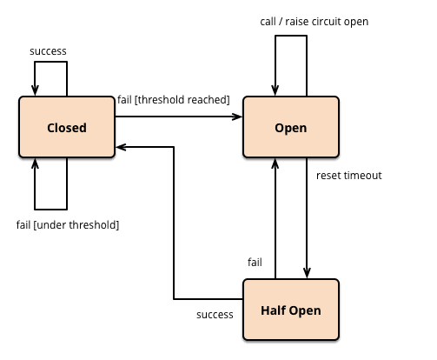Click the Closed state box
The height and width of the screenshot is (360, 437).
tap(67, 127)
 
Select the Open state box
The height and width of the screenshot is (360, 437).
tap(291, 127)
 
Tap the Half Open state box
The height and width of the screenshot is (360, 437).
tap(291, 310)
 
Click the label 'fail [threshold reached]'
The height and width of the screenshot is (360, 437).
tap(174, 100)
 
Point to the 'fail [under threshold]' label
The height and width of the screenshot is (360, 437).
tap(68, 225)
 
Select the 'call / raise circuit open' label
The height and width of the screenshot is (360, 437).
tap(315, 22)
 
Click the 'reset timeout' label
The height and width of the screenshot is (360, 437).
tap(349, 176)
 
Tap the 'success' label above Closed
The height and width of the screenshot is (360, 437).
tap(48, 51)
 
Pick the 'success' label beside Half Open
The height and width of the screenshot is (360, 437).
tap(215, 315)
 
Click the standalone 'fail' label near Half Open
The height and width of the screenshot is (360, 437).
tap(255, 263)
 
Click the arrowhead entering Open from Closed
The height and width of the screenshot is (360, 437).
tap(237, 117)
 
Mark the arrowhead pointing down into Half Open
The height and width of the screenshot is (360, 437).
tap(307, 273)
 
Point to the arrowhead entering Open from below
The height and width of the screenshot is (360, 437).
tap(275, 163)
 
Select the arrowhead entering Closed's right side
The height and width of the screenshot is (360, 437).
tap(121, 147)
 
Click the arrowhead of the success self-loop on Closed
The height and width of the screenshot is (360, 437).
tap(35, 90)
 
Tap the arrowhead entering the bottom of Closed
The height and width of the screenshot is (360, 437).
tap(35, 163)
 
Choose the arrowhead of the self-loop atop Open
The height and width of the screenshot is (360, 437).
tap(275, 90)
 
